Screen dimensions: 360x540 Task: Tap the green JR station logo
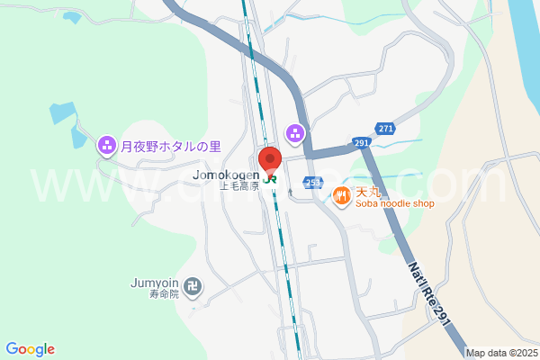(270, 175)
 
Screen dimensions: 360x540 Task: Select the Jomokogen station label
(226, 175)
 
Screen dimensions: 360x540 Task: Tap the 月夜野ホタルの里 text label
(170, 144)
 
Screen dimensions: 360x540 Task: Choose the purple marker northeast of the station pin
(294, 133)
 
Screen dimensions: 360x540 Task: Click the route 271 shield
(385, 130)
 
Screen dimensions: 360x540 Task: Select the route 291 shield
(362, 143)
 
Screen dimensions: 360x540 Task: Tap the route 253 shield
(312, 181)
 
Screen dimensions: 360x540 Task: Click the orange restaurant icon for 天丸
(342, 193)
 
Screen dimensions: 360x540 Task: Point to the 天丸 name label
(370, 192)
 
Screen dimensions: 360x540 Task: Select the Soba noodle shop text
(395, 204)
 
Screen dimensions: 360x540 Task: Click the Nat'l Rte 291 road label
(427, 288)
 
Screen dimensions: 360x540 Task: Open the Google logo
(31, 349)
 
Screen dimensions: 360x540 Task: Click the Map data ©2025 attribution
(500, 353)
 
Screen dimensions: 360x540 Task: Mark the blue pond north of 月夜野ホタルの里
(62, 113)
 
